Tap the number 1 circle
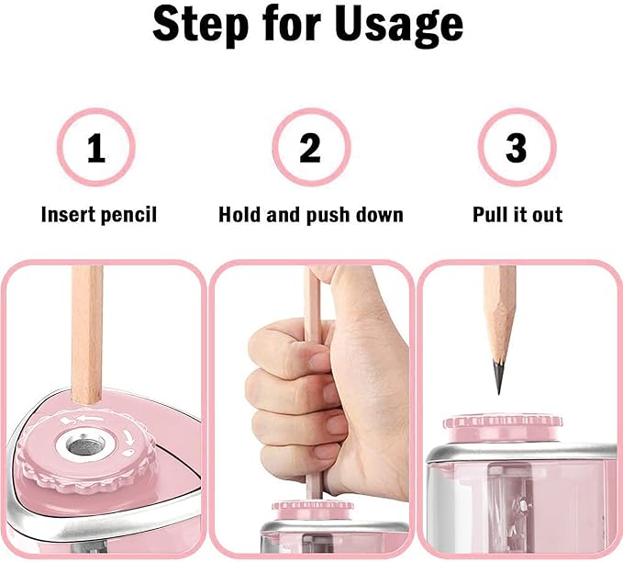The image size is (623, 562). pos(96,148)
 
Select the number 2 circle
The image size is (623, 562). pos(310,148)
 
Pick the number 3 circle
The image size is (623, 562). pos(517,148)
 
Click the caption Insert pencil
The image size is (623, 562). pos(99,215)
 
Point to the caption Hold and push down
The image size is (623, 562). pos(311,215)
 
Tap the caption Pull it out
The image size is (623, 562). pos(517,215)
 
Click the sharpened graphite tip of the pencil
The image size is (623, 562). pos(498,377)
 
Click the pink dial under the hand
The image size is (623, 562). pos(312,506)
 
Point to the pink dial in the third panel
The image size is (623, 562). pos(502,422)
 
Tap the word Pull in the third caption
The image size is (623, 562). pos(491,215)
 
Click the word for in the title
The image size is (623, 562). pos(299,27)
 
